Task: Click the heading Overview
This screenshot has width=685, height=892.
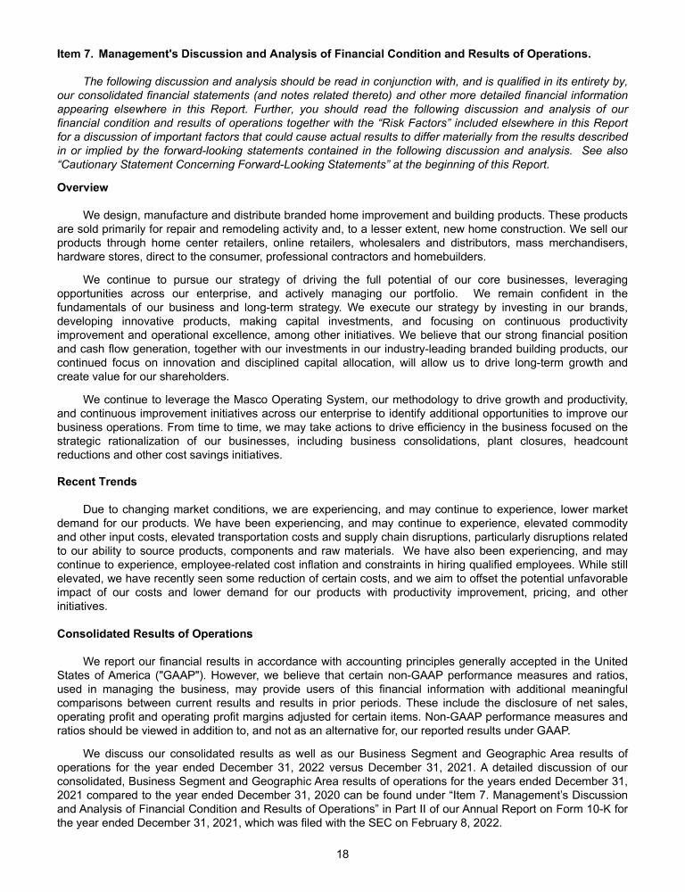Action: click(x=82, y=187)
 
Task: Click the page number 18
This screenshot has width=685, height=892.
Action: click(x=342, y=854)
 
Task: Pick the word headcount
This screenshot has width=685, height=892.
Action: click(x=599, y=441)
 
